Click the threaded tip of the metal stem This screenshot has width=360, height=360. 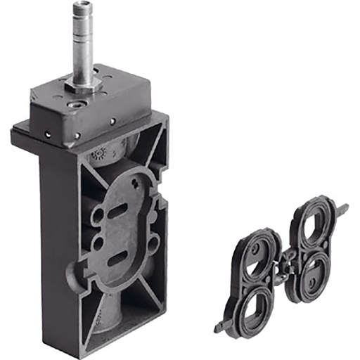(x=81, y=9)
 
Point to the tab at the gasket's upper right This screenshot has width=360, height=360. (x=343, y=209)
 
